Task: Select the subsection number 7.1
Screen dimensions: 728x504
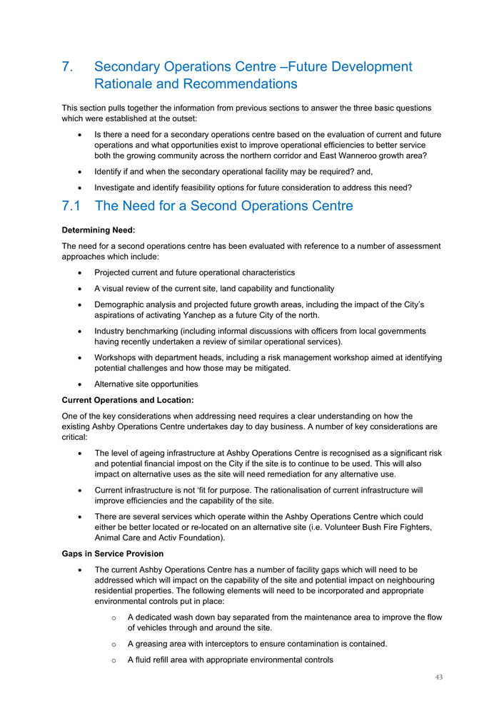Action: point(74,206)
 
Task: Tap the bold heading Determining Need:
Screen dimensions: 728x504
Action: point(99,230)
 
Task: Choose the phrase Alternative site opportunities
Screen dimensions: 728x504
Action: point(146,384)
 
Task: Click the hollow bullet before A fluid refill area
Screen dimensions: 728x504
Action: point(114,660)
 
